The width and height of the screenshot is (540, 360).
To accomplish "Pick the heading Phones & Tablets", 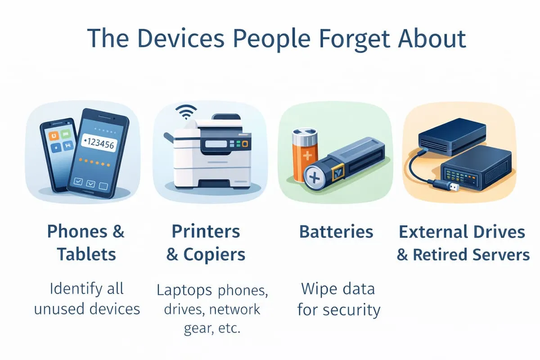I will pyautogui.click(x=86, y=243).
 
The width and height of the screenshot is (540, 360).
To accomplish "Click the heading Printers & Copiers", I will pyautogui.click(x=206, y=243).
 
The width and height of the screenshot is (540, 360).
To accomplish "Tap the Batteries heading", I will pyautogui.click(x=336, y=232).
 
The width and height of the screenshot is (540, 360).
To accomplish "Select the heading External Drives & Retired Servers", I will pyautogui.click(x=462, y=243).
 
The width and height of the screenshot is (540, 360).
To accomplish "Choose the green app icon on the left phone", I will pyautogui.click(x=66, y=134).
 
